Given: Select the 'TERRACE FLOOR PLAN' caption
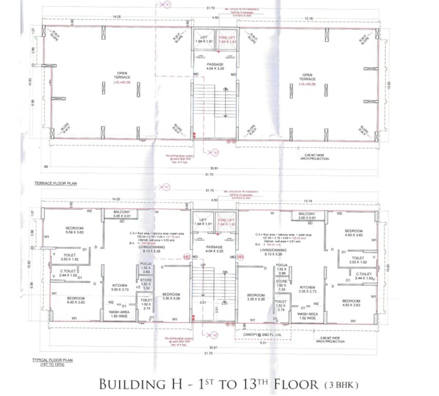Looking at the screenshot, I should [x=55, y=183].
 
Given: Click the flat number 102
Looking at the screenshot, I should [x=187, y=256].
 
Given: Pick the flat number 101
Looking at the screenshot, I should [x=241, y=256].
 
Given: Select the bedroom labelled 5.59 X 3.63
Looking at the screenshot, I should [x=75, y=230].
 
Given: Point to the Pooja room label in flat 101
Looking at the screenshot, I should [x=281, y=267].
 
